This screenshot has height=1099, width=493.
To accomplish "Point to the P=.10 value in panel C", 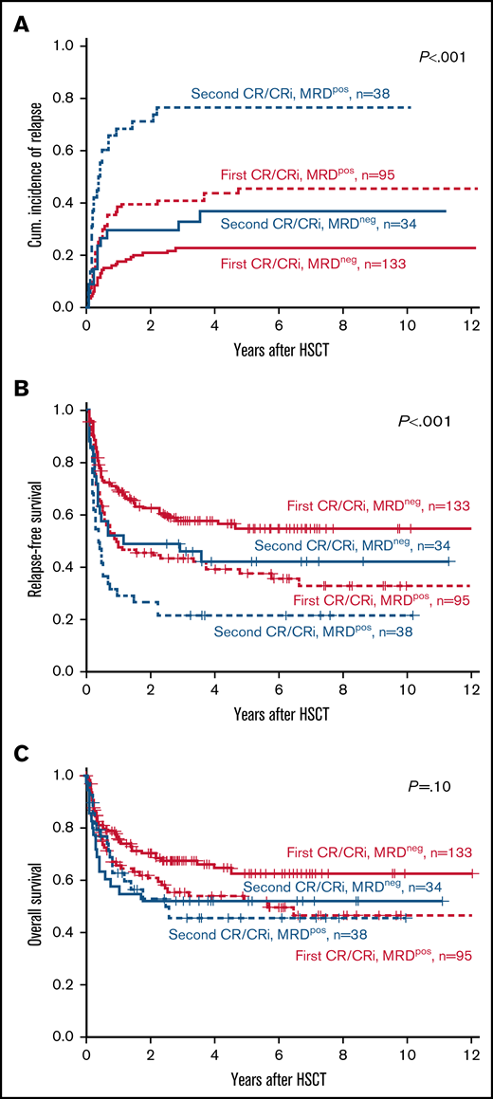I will [x=447, y=786].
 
